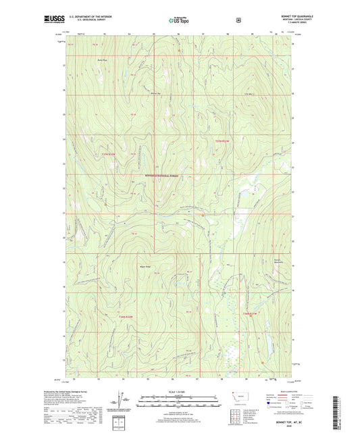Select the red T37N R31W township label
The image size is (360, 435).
pos(223,140)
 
